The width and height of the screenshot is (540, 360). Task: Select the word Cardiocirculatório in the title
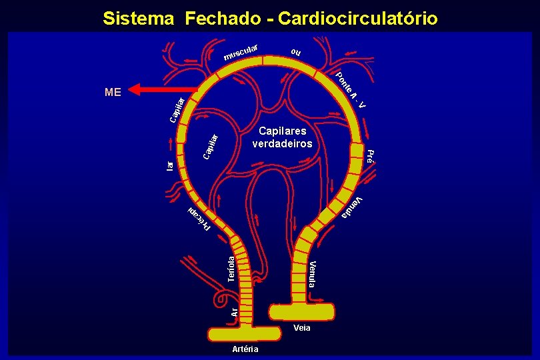tap(358, 18)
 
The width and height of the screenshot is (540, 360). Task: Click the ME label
tap(113, 93)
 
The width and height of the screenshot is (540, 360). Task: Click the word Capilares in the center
tap(282, 131)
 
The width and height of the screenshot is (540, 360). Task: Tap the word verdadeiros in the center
tap(282, 143)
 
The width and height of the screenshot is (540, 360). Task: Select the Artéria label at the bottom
tap(245, 349)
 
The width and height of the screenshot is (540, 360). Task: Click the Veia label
tap(301, 328)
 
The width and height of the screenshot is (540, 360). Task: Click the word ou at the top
tap(296, 52)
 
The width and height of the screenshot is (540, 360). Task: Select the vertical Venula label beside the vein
tap(313, 274)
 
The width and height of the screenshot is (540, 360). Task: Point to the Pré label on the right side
tap(371, 156)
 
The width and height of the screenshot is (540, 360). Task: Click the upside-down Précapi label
tap(198, 219)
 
